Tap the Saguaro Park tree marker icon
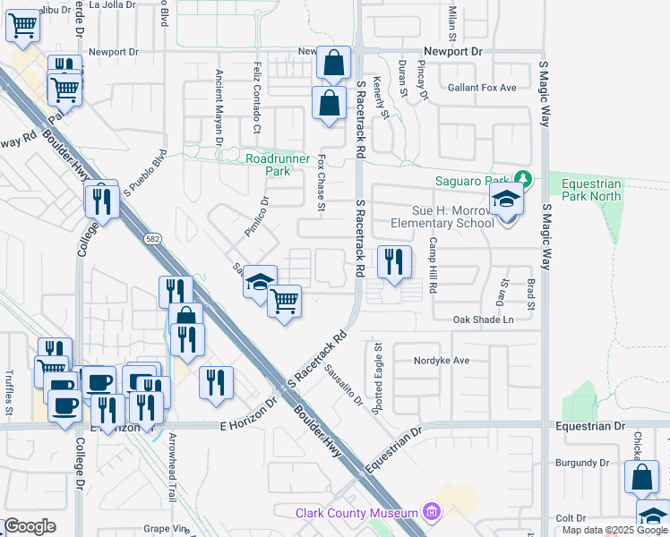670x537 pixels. point(526,180)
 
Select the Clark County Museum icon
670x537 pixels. point(432,513)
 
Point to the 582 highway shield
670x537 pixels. point(153,238)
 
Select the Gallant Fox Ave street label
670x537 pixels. point(483,88)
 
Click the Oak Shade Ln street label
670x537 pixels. point(484,320)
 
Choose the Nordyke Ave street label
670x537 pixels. point(442,362)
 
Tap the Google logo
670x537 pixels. point(30,526)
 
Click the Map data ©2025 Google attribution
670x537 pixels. point(614,530)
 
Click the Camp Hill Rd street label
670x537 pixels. point(432,265)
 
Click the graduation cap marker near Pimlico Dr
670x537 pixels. point(260,282)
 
